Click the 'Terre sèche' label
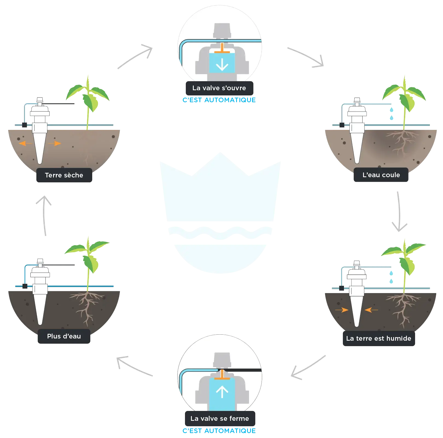(x=64, y=175)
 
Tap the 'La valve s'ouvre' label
(x=219, y=88)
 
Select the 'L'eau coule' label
(x=381, y=175)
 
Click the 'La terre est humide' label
(x=379, y=338)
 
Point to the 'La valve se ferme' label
(x=220, y=419)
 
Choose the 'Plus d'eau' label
(x=64, y=336)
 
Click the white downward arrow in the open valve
(x=222, y=64)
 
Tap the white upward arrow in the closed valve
(x=222, y=392)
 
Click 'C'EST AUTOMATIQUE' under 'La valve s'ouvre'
(x=219, y=100)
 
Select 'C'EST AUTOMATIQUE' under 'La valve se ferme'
(x=219, y=431)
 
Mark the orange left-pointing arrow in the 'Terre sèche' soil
(x=25, y=143)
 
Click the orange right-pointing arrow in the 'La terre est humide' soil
(x=342, y=310)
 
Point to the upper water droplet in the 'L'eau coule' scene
(x=392, y=110)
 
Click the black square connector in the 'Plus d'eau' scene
(x=25, y=286)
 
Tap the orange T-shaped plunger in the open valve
(x=222, y=48)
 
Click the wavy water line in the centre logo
(x=220, y=233)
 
